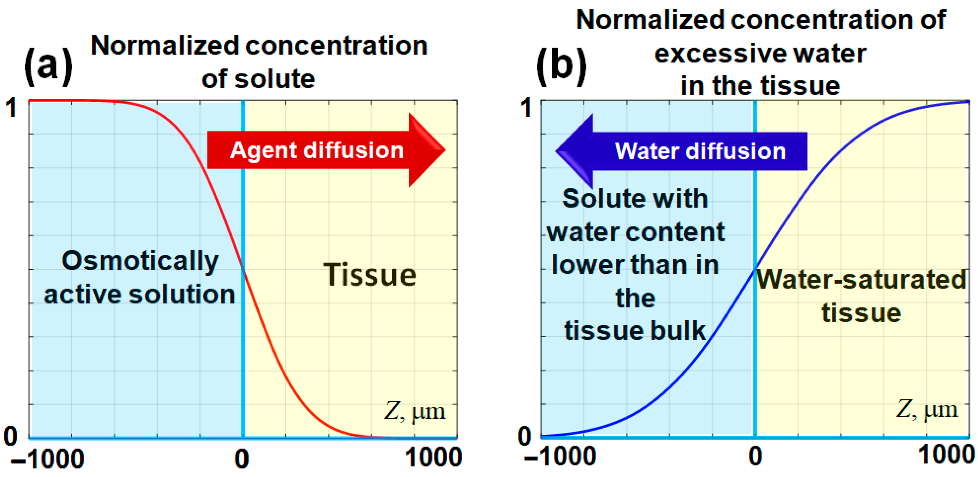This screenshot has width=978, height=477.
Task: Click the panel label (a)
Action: click(48, 67)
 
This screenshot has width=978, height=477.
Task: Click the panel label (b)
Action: click(561, 67)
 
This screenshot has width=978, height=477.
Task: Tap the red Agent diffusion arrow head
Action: click(425, 150)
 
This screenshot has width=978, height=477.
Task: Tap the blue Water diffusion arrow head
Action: click(575, 151)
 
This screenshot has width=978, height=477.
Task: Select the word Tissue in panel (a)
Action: click(369, 275)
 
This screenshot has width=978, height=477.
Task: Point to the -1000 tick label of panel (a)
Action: click(47, 459)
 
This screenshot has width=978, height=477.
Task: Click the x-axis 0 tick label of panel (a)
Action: click(241, 459)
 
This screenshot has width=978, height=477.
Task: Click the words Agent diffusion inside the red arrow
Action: click(317, 150)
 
